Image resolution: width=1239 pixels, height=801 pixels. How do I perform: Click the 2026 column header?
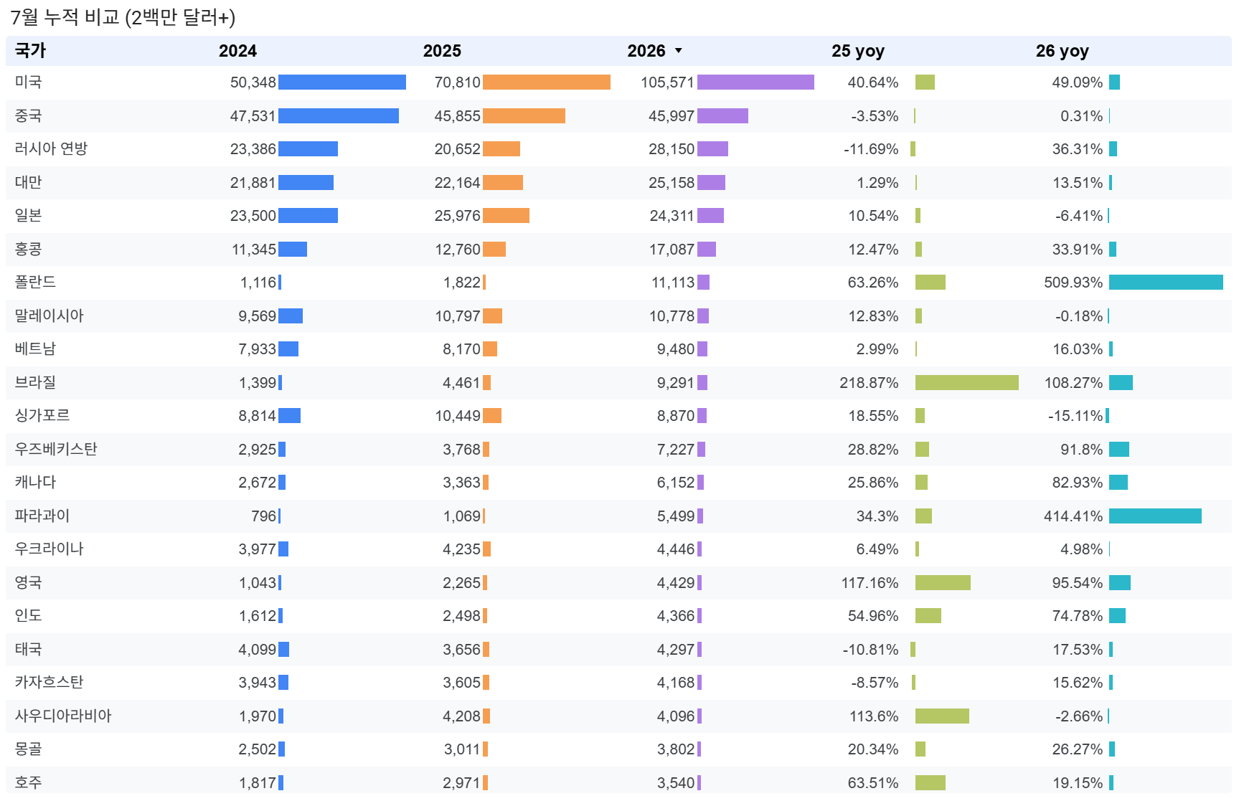[646, 51]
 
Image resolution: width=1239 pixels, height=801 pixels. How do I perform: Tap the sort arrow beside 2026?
[679, 51]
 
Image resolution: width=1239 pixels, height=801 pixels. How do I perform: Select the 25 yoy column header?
[857, 51]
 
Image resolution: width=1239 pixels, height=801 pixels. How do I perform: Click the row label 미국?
[29, 82]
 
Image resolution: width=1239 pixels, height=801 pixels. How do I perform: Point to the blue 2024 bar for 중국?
[339, 116]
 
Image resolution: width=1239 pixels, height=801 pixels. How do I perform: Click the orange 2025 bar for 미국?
[547, 82]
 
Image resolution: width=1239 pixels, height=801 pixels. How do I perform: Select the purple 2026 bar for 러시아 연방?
[712, 149]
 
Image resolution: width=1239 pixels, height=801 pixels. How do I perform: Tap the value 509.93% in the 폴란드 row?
[1073, 283]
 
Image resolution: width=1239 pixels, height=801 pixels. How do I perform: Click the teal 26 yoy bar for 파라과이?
[1155, 516]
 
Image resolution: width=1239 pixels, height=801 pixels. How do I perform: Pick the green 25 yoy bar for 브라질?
[967, 383]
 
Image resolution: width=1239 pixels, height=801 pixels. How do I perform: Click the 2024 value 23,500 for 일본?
[253, 216]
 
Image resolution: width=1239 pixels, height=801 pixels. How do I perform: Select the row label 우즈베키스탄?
[56, 450]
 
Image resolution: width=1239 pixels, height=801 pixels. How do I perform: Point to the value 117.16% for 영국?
[870, 583]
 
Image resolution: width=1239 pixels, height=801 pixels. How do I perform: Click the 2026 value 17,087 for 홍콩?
[672, 250]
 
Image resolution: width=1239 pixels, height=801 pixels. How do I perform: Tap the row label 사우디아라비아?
[63, 716]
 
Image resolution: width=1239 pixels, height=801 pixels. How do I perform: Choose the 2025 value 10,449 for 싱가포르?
[458, 416]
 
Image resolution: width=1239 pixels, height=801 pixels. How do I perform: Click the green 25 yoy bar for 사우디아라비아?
[942, 716]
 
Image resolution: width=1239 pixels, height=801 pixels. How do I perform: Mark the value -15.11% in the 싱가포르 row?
[1075, 416]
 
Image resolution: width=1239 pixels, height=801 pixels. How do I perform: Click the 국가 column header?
[30, 51]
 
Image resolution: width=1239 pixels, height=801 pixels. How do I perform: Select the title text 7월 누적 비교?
[65, 17]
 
